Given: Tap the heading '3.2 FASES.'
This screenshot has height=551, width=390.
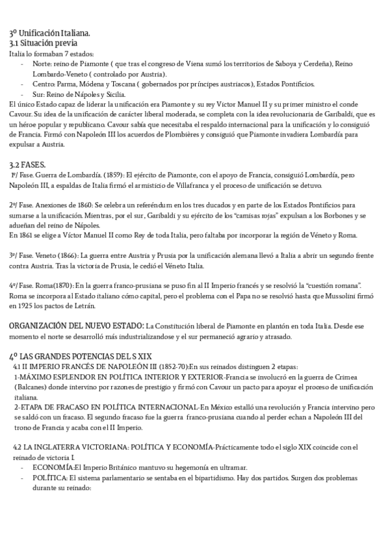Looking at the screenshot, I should tap(27, 166).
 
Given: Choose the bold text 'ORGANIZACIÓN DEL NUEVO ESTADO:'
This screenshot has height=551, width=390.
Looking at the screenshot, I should tap(77, 324).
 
